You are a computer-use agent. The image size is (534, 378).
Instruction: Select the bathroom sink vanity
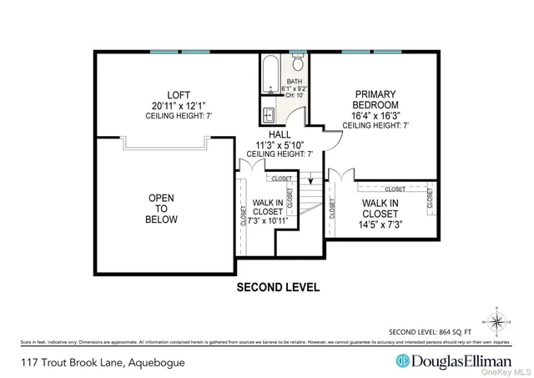[270, 115]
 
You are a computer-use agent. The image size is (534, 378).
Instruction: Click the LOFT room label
[179, 95]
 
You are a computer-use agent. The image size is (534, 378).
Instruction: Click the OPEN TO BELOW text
[161, 209]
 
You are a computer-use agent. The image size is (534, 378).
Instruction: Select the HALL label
[279, 134]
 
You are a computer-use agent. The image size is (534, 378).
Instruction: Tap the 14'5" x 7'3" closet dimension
[380, 224]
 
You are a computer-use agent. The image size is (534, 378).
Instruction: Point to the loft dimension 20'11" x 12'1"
[179, 106]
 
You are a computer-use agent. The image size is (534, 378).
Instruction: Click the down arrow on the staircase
[310, 179]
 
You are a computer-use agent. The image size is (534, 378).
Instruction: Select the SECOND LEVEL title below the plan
[278, 287]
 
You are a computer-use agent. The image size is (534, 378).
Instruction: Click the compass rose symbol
[496, 320]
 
